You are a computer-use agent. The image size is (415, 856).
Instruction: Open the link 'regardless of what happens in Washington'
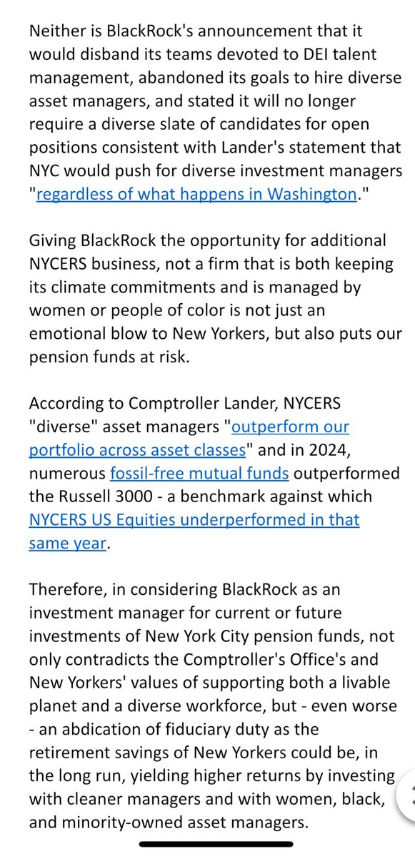196,193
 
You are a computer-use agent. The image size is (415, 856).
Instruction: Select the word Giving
51,240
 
